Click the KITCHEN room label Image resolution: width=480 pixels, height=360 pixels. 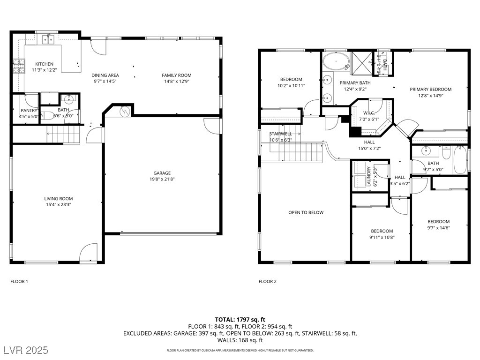click(45, 64)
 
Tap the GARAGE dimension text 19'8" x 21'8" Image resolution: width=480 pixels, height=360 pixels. click(162, 179)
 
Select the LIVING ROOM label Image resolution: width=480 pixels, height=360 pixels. click(59, 199)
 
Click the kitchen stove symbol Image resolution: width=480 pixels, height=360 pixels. click(18, 66)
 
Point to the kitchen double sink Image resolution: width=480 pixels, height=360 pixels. click(48, 40)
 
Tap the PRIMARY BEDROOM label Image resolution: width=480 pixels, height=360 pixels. click(430, 90)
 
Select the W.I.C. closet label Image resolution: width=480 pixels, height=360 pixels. click(368, 113)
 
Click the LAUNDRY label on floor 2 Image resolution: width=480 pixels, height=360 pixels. click(369, 176)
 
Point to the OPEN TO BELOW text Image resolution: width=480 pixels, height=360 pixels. click(306, 212)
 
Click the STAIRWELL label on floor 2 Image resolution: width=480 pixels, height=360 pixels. click(280, 134)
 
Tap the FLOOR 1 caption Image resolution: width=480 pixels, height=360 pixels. click(19, 282)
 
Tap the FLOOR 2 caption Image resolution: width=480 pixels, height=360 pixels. click(268, 282)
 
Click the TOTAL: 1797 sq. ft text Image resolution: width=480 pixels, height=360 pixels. click(240, 320)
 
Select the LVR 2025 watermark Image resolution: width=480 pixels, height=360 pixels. click(28, 350)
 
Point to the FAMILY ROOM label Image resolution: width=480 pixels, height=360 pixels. click(177, 75)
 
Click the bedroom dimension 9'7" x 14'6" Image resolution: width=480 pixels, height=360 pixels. click(438, 227)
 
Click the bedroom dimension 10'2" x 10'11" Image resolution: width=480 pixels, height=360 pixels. click(291, 85)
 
